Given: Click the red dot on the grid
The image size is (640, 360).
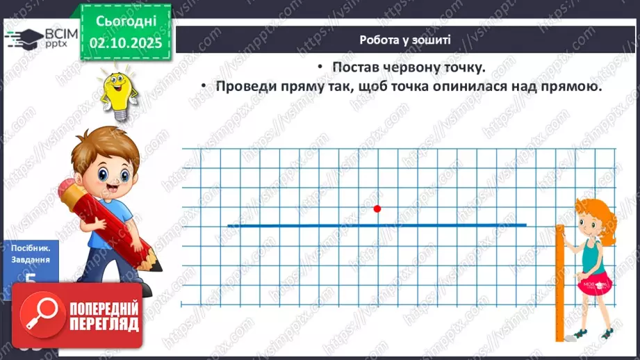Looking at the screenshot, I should [377, 208].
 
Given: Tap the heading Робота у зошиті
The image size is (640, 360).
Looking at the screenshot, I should [405, 40].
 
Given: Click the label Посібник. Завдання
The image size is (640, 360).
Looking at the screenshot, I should [31, 254].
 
